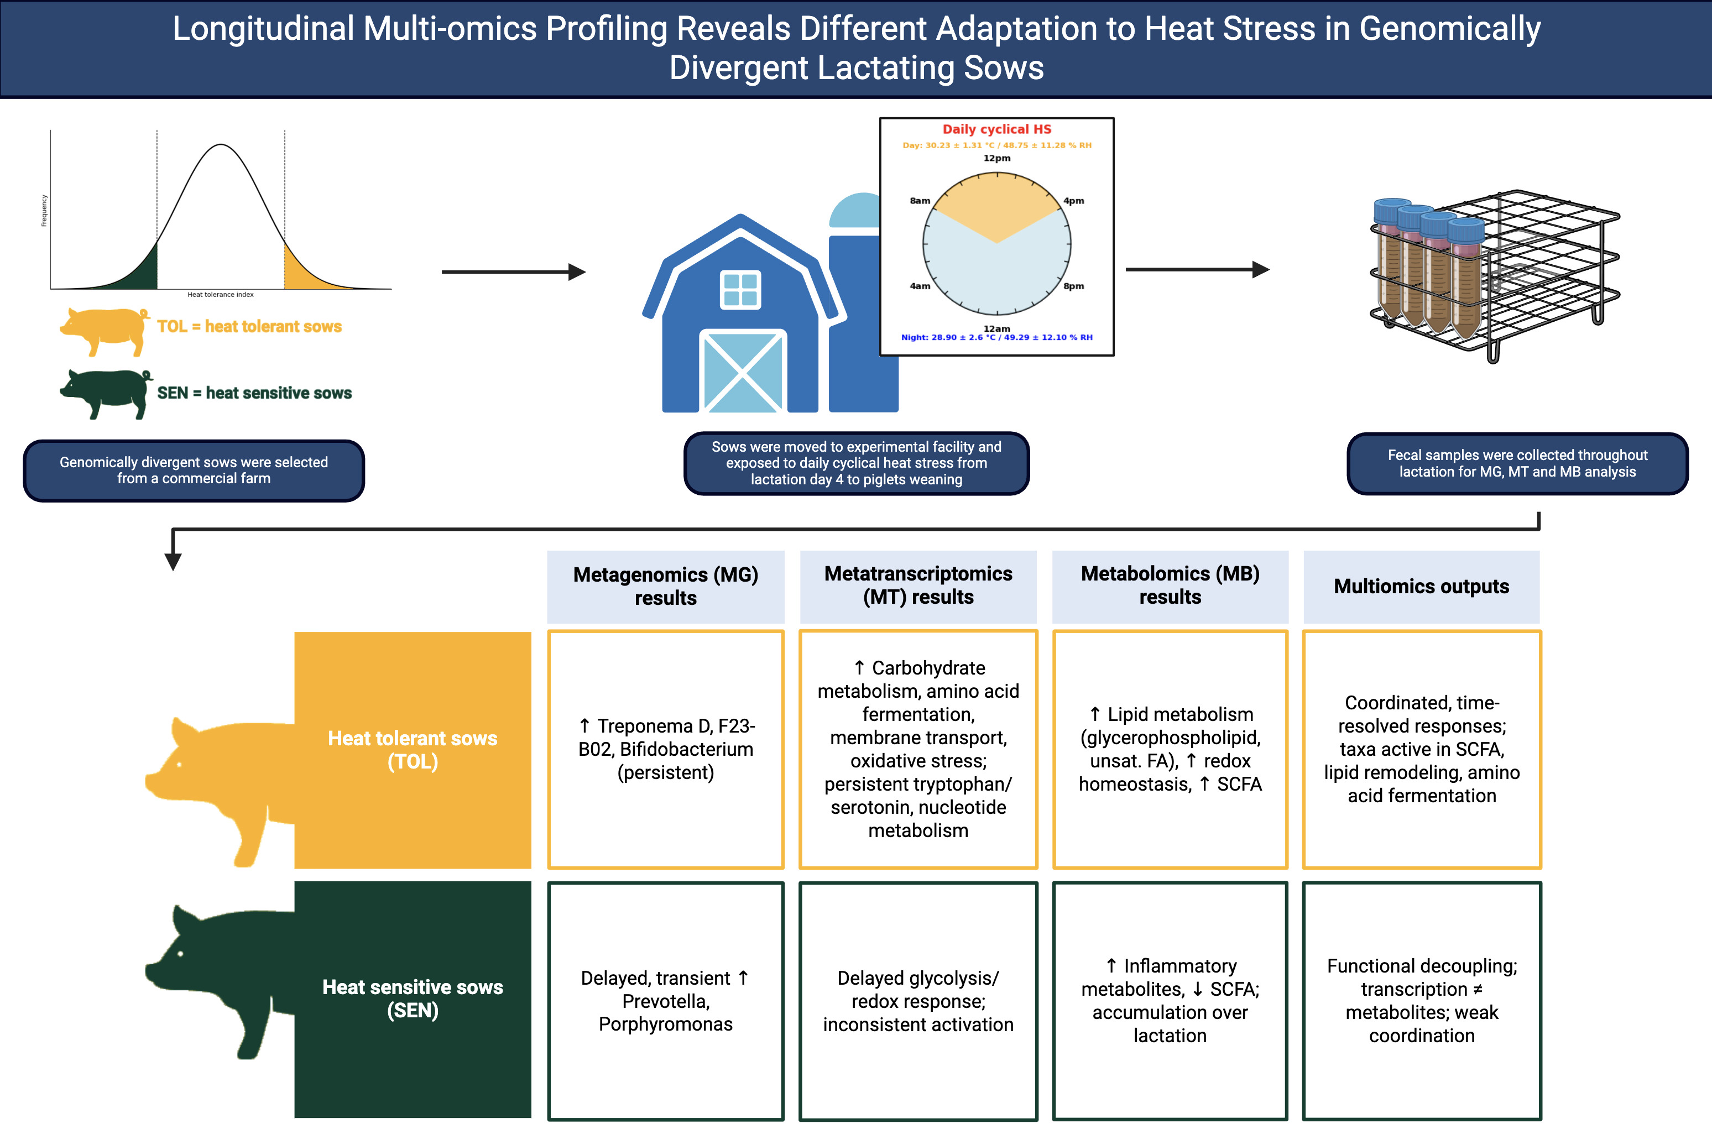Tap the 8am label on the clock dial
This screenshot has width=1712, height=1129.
click(x=920, y=201)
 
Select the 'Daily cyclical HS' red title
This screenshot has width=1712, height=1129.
click(x=996, y=129)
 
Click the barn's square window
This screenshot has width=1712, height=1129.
click(x=740, y=290)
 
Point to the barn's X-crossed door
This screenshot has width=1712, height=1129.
click(x=742, y=372)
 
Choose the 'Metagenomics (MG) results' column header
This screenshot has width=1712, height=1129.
click(x=665, y=586)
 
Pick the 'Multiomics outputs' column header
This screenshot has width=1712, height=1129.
click(x=1421, y=586)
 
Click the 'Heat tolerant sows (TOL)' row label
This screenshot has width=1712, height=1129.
click(x=413, y=750)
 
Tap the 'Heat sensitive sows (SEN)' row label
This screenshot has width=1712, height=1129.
click(x=413, y=998)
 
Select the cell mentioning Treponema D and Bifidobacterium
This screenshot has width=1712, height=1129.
click(x=665, y=750)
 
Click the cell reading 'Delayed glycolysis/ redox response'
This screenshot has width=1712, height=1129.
click(x=918, y=1001)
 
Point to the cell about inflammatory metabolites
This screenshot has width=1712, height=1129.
click(x=1170, y=1001)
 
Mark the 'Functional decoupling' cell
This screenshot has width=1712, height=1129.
click(x=1421, y=1001)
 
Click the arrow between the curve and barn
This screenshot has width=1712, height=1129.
click(x=513, y=272)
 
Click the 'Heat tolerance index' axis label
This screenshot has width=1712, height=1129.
click(x=220, y=295)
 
